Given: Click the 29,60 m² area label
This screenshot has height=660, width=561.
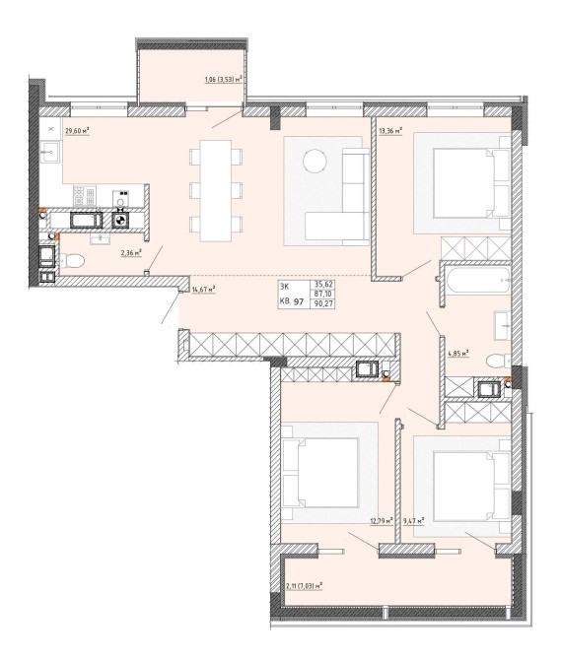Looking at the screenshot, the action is pos(77,131).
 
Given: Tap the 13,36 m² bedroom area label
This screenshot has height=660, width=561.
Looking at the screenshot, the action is pos(390,131).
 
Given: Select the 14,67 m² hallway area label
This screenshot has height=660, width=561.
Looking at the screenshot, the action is pos(204,289).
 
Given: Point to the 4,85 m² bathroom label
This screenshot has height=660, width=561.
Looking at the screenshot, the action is pos(458,354).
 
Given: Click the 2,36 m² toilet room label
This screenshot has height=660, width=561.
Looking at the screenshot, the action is pos(131,252).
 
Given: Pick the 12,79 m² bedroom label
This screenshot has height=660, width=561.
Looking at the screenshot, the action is pos(382,521).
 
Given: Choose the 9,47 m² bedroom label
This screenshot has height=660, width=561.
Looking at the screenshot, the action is pos(413,521).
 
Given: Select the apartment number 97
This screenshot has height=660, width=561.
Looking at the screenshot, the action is pos(300,301).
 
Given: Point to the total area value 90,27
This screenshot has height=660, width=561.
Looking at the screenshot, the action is pos(322,303).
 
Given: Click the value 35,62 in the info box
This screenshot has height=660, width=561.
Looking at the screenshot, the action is pos(322,285).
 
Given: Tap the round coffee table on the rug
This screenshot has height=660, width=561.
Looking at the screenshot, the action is pos(316,161).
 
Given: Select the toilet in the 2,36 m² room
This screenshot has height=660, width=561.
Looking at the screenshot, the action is pos(72,260).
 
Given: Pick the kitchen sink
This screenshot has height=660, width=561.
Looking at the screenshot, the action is pos(50,152).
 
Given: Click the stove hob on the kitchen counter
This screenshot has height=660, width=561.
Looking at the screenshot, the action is pos(84,195).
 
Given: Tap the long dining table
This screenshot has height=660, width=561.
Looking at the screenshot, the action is pos(216,191).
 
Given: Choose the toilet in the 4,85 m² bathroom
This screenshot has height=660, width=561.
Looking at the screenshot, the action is pos(499,361).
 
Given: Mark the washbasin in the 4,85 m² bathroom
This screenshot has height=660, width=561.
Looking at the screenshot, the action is pos(503,325).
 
